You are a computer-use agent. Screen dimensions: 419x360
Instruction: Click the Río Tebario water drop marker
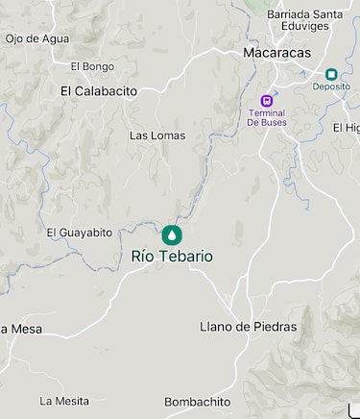click(172, 234)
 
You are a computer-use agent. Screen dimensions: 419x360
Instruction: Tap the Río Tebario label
click(172, 257)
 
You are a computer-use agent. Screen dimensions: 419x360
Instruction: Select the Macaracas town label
click(277, 53)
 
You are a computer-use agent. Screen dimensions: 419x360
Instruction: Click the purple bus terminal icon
click(267, 100)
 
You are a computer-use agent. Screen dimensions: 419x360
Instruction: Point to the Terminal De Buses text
click(267, 117)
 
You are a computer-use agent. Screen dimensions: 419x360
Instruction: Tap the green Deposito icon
click(331, 74)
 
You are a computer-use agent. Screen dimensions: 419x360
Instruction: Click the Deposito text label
click(331, 86)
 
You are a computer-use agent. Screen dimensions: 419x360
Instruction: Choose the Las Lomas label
click(157, 136)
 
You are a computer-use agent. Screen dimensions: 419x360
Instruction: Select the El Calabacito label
click(99, 91)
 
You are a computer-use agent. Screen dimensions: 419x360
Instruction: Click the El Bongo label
click(92, 66)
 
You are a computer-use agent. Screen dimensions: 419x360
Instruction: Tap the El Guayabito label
click(80, 233)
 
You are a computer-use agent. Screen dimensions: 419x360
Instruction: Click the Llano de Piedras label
click(248, 327)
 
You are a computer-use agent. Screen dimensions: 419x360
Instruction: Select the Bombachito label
click(198, 402)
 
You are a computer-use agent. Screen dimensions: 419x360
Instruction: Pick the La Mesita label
click(62, 401)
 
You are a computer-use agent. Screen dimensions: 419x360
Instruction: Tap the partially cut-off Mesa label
click(21, 329)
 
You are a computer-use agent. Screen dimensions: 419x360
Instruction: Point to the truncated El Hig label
click(347, 128)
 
